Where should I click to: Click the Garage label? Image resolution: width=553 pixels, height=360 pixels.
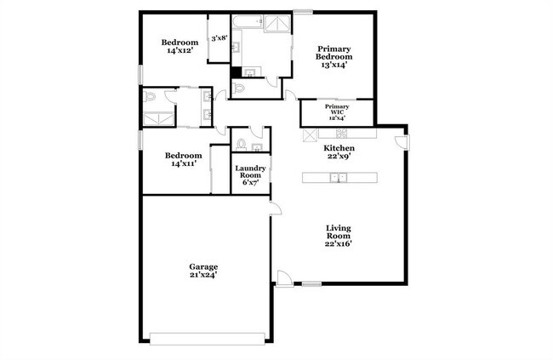tap(203, 266)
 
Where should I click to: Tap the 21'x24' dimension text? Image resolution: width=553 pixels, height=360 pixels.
tap(203, 276)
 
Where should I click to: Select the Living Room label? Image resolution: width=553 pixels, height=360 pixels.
tap(339, 231)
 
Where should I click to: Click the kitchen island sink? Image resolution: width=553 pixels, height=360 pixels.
tap(338, 177)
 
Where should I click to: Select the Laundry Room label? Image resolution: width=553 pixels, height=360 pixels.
tap(251, 173)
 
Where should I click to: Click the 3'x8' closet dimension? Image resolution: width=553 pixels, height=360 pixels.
tap(219, 37)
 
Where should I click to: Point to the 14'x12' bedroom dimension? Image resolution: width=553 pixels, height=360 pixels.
tap(180, 51)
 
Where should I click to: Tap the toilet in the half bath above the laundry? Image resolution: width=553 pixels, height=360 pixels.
tap(242, 142)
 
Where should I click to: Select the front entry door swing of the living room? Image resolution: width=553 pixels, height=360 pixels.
tap(283, 277)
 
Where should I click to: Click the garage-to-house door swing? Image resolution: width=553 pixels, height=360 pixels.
tap(274, 210)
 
